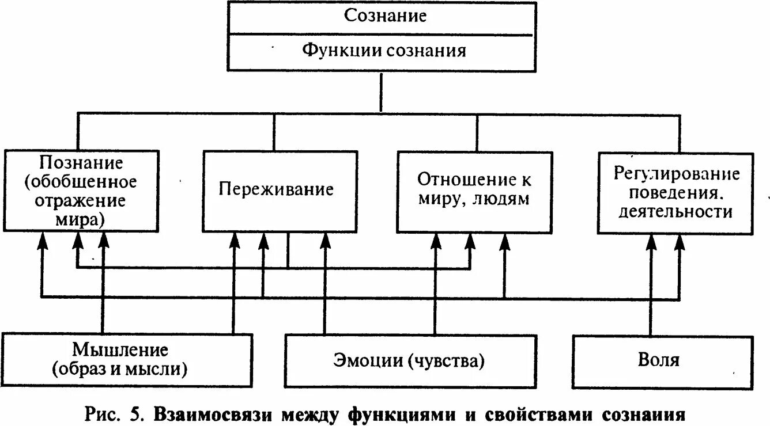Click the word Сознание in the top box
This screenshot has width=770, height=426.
point(385,16)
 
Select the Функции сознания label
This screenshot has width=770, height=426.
point(384,50)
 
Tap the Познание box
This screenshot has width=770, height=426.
point(81,191)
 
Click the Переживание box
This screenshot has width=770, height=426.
point(276,190)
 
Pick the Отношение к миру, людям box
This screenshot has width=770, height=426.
point(474,192)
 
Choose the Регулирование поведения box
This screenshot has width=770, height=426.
point(675,193)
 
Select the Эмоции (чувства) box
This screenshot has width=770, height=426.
point(409,360)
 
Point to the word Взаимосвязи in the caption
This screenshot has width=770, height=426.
point(218,414)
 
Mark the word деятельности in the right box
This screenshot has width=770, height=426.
point(675,212)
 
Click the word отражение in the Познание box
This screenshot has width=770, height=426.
point(81,201)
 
